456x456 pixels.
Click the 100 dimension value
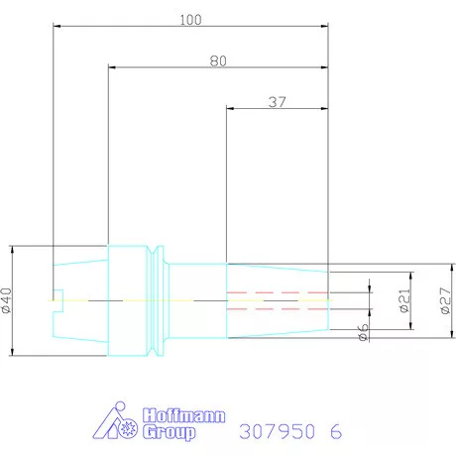tap(190, 20)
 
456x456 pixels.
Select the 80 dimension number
tap(218, 61)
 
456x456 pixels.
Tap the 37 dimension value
tap(277, 102)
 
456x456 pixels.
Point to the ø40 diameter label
tap(7, 300)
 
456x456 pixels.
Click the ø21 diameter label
tap(404, 300)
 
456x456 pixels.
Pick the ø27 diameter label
tap(445, 300)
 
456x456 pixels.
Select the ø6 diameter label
tap(363, 332)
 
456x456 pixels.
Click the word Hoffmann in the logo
tap(183, 415)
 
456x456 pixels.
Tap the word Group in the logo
tap(170, 432)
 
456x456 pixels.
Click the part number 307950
tap(277, 431)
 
